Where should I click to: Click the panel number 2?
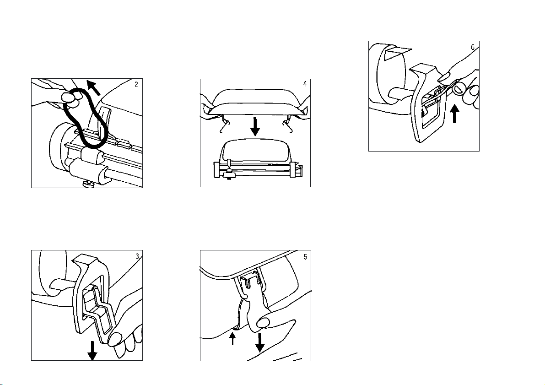click(x=137, y=84)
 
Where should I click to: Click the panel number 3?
click(x=137, y=256)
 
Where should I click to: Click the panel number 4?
click(x=305, y=84)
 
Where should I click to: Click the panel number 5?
click(x=305, y=256)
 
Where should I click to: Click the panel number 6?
click(x=473, y=47)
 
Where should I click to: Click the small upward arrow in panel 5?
click(x=233, y=338)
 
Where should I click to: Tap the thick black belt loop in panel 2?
click(x=87, y=119)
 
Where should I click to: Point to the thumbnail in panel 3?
click(x=114, y=339)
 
